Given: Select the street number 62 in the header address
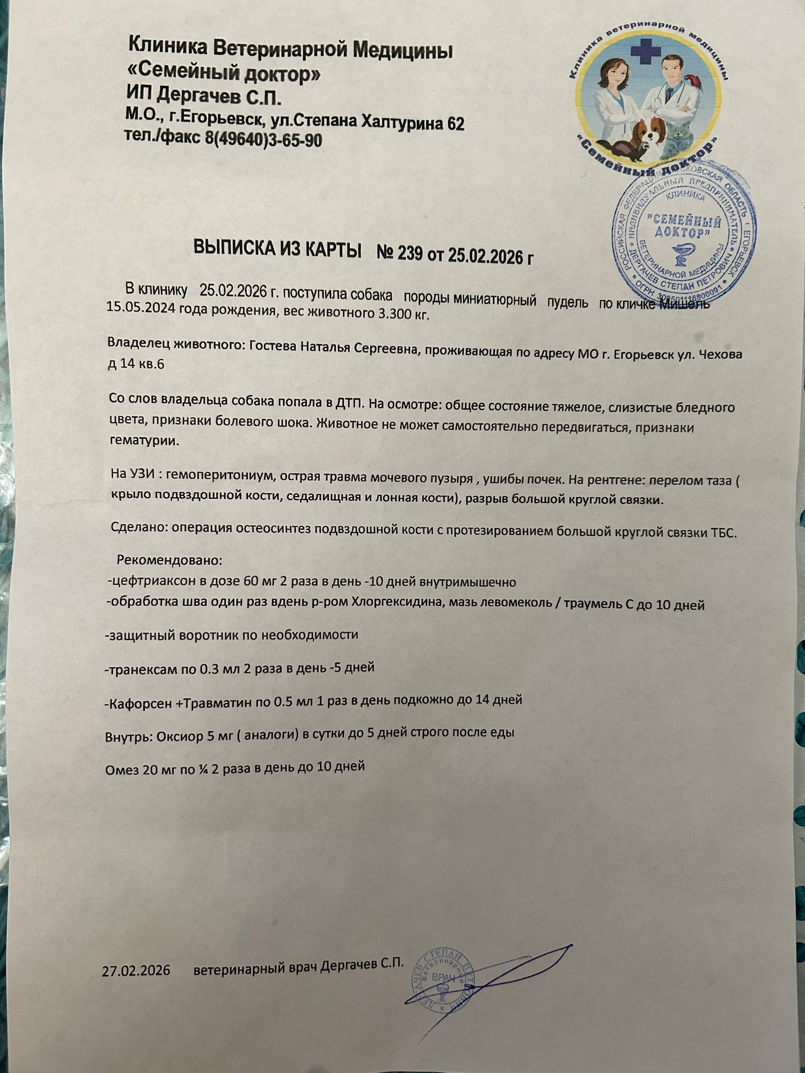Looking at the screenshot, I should point(454,124).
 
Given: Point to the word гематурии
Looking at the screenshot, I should point(143,442).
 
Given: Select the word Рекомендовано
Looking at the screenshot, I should point(169,560).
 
